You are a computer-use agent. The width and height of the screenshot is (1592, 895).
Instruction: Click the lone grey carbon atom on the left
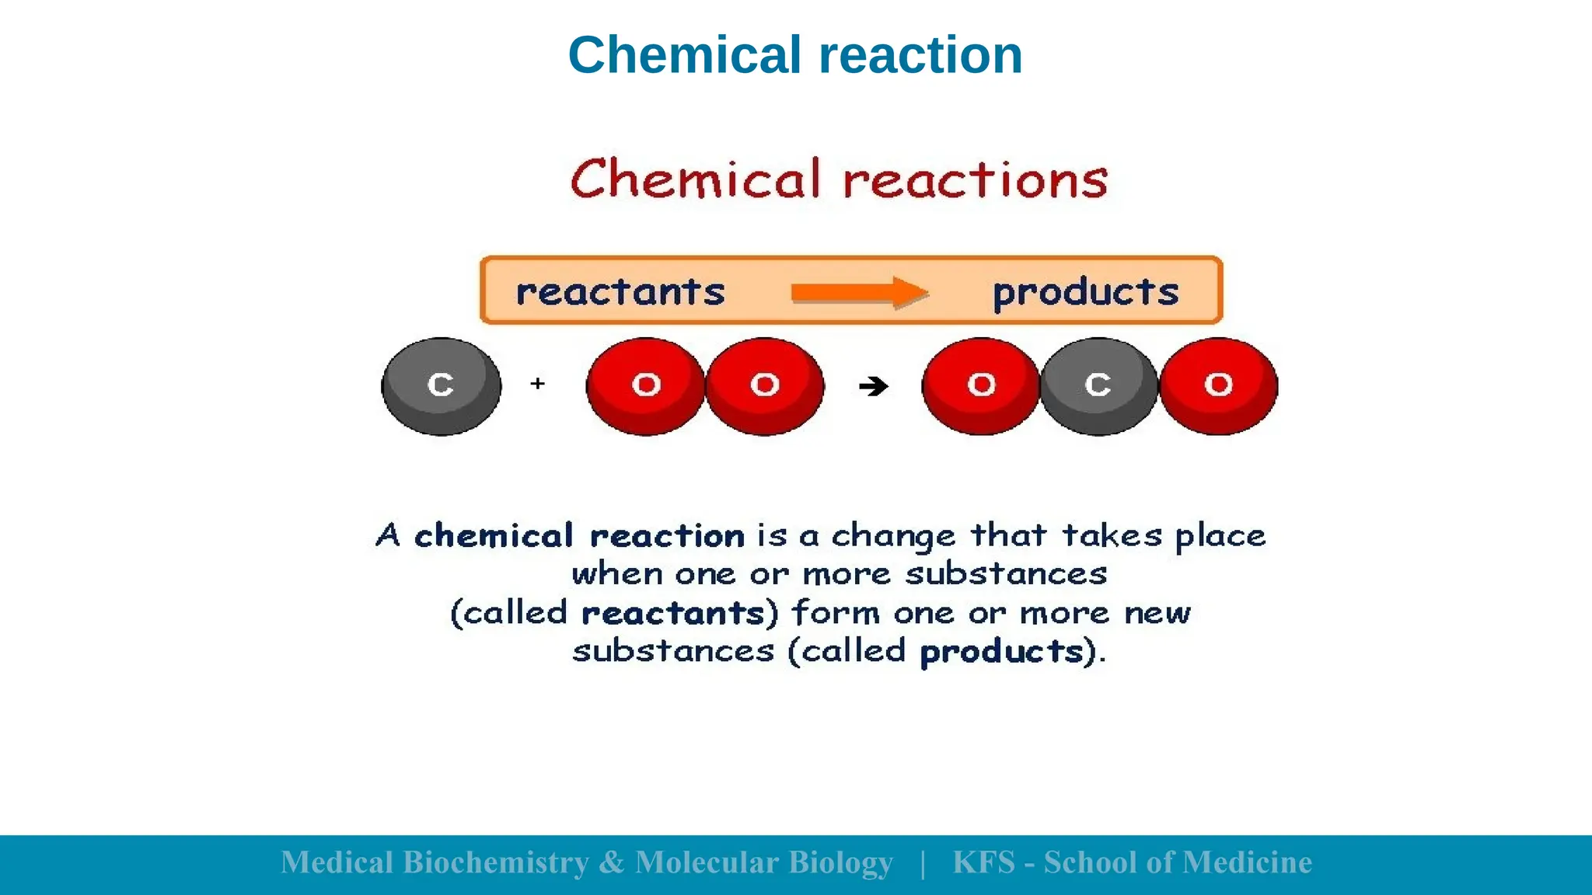(x=441, y=386)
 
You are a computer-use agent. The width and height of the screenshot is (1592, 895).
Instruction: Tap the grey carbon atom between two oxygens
(x=1098, y=386)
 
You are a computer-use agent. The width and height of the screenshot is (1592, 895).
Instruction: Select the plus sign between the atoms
(x=538, y=383)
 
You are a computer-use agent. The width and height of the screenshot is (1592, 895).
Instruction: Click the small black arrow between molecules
(x=874, y=386)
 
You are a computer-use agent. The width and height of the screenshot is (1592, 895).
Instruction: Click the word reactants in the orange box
(x=620, y=292)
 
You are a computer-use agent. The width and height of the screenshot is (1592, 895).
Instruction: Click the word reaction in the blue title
(x=920, y=55)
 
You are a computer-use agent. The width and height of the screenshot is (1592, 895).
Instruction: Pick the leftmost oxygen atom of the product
(x=980, y=386)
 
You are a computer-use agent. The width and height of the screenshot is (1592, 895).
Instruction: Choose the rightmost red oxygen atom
(x=1218, y=386)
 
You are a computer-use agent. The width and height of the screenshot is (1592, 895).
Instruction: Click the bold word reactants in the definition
(x=674, y=613)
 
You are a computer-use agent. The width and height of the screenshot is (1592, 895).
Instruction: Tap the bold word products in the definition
(x=1002, y=652)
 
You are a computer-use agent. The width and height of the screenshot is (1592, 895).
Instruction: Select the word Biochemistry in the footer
(x=496, y=862)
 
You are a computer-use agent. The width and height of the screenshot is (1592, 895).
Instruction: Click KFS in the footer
(x=984, y=862)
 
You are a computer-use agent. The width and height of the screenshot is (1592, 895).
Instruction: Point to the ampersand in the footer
(x=612, y=862)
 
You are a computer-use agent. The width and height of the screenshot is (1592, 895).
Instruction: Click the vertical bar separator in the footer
(x=923, y=863)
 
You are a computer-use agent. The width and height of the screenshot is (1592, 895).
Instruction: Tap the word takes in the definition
(x=1112, y=535)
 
